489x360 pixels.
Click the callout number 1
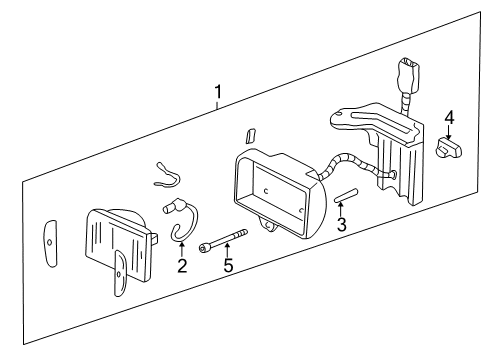(x=219, y=94)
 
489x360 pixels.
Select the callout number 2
(x=182, y=265)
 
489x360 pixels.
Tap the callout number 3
(x=341, y=226)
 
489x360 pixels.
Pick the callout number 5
(x=228, y=266)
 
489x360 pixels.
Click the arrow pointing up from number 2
(x=182, y=248)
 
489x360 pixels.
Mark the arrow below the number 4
(x=449, y=134)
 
